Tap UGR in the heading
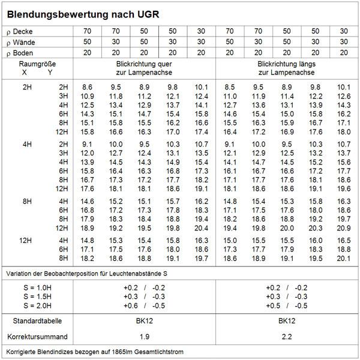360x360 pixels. click(x=148, y=13)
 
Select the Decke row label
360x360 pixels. click(x=23, y=31)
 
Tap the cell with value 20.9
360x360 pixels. click(x=343, y=228)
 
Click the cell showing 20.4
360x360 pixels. click(x=202, y=228)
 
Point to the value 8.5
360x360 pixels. click(x=230, y=88)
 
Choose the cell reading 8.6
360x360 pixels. click(x=88, y=88)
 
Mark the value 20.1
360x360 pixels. click(x=343, y=258)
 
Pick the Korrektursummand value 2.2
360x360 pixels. click(x=286, y=336)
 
